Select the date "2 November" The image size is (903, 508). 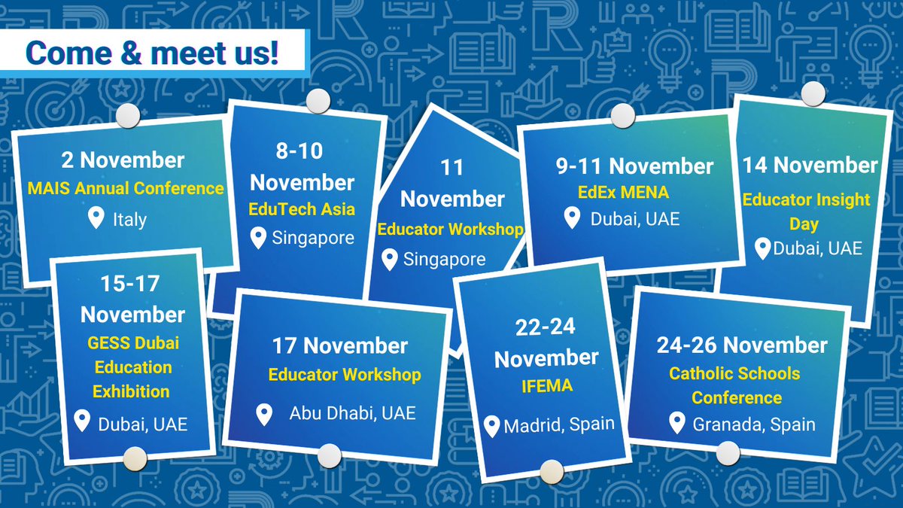point(123,160)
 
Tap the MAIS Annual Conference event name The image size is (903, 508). point(126,188)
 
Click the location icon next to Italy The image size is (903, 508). point(96,219)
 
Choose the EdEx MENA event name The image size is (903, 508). point(619,192)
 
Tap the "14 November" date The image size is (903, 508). point(810,165)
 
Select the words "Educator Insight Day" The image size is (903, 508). point(806,211)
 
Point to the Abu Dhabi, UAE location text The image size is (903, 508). point(352,412)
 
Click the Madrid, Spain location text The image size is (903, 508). point(559,425)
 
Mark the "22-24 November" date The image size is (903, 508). point(546,342)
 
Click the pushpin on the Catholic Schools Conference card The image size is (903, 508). point(728,453)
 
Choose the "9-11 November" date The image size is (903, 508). point(634,166)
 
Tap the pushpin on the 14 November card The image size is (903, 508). point(813,95)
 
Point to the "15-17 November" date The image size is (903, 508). point(132,298)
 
